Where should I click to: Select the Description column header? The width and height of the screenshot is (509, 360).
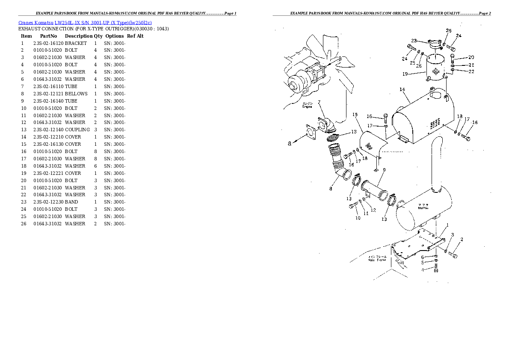pyautogui.click(x=79, y=36)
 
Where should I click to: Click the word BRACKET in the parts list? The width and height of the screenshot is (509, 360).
pyautogui.click(x=76, y=43)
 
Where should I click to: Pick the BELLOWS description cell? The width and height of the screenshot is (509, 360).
pyautogui.click(x=76, y=94)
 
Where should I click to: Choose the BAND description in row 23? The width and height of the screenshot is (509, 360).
pyautogui.click(x=71, y=202)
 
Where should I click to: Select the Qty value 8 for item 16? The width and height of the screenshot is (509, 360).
pyautogui.click(x=95, y=151)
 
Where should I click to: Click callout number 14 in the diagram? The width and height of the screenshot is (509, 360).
pyautogui.click(x=402, y=90)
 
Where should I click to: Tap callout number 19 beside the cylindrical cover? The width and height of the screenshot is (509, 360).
pyautogui.click(x=404, y=74)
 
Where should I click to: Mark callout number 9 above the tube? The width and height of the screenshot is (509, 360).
pyautogui.click(x=384, y=170)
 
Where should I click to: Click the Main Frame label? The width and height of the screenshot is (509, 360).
pyautogui.click(x=377, y=258)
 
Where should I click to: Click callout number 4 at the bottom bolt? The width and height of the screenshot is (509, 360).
pyautogui.click(x=423, y=270)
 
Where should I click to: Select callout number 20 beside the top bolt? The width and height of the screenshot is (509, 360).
pyautogui.click(x=471, y=57)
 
